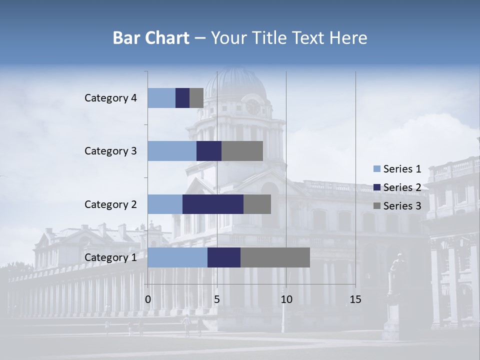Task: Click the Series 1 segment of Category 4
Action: click(161, 98)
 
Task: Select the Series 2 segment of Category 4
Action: click(182, 98)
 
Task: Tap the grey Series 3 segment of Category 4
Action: click(196, 98)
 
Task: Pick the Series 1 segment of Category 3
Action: click(172, 151)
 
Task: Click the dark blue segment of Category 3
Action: click(209, 151)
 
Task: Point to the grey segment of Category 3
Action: click(242, 151)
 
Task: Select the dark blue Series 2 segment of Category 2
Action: click(213, 204)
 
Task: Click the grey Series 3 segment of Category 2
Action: click(257, 204)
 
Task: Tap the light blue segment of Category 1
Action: click(177, 257)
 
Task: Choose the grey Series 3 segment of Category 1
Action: click(275, 257)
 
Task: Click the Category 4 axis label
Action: click(110, 98)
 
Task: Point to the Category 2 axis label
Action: click(110, 204)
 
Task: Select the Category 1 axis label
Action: click(110, 257)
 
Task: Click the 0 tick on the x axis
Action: click(148, 300)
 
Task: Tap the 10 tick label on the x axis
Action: click(286, 300)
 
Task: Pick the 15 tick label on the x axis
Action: click(355, 300)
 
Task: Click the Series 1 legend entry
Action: click(397, 169)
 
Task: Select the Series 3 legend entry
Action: click(397, 206)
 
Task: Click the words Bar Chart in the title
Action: click(151, 38)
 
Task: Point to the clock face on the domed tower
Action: click(253, 106)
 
